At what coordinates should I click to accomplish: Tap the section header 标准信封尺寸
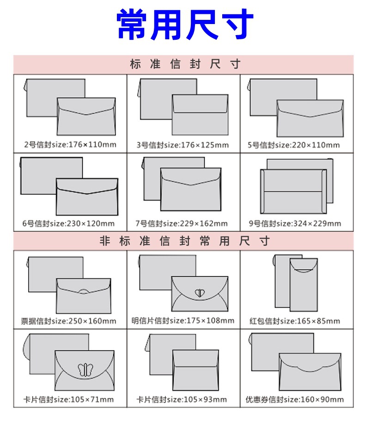(185, 64)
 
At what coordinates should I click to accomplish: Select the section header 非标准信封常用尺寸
(185, 241)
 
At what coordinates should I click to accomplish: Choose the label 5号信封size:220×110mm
(294, 145)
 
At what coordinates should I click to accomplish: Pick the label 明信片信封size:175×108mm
(183, 321)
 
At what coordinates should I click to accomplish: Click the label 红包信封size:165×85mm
(295, 321)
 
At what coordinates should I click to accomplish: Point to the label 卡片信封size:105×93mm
(182, 399)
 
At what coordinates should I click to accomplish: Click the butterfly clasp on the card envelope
(85, 370)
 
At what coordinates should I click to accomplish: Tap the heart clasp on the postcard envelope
(199, 293)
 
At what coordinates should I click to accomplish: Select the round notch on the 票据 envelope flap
(84, 291)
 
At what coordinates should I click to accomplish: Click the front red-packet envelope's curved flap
(304, 266)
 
